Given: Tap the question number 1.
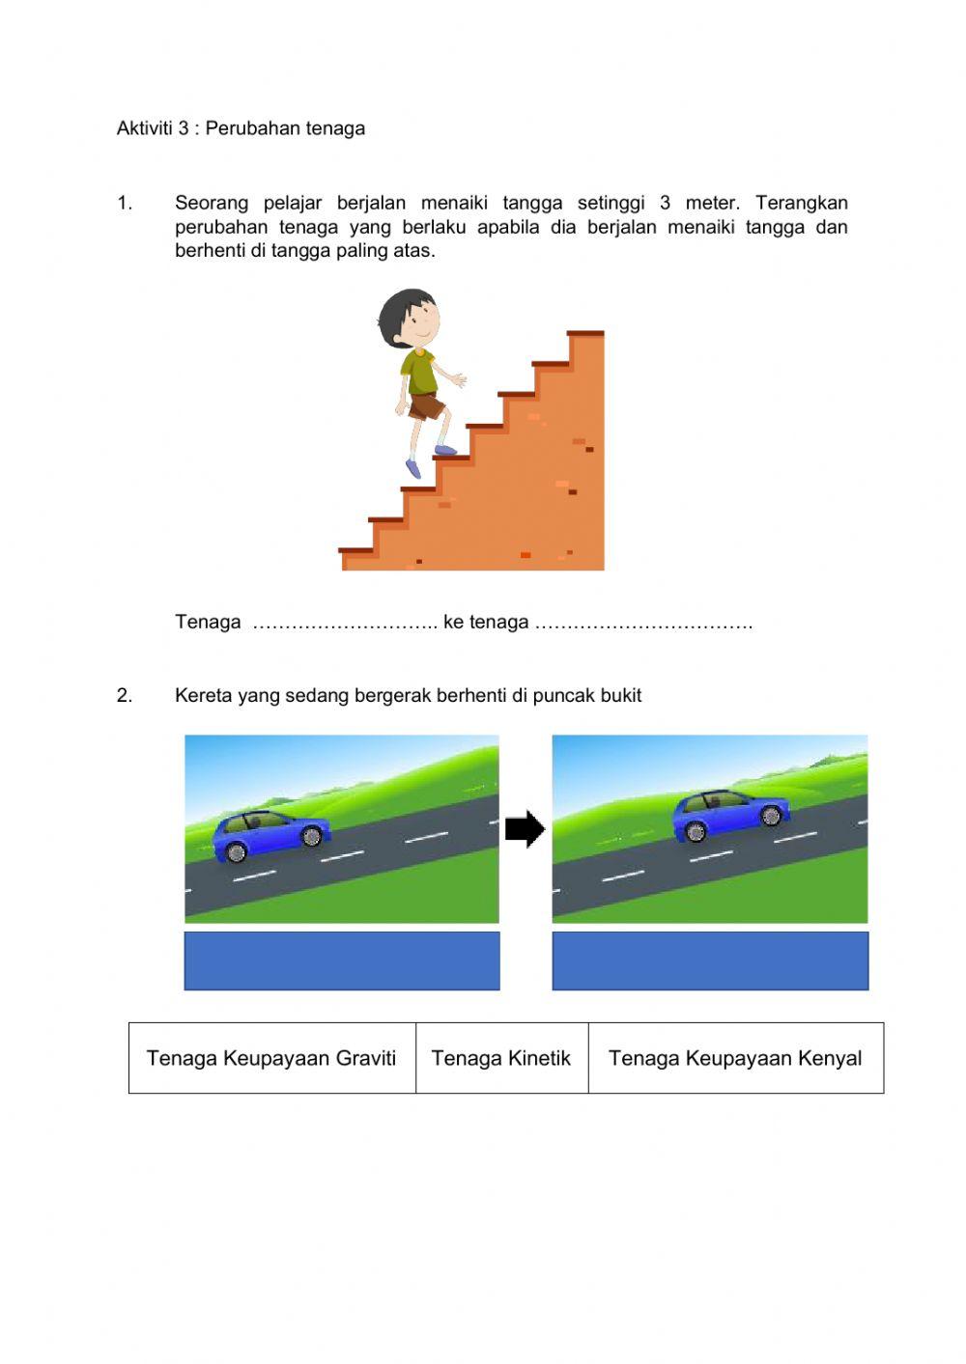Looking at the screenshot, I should coord(124,203).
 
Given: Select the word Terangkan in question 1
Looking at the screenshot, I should coord(801,203).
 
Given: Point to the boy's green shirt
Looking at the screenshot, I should coord(419,373).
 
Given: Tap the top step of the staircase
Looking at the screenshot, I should coord(585,334).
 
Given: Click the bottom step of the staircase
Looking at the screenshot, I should coord(355,551).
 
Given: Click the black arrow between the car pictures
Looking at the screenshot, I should coord(525,829).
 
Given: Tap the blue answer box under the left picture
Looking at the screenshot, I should coord(342,960).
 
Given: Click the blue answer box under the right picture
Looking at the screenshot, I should coord(710,960).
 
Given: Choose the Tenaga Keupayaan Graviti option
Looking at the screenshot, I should coord(271,1058).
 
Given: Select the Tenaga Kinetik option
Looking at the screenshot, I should coord(501,1058).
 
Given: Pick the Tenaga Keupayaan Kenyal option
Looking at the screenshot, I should coord(735,1058).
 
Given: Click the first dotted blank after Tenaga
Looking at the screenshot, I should coord(344,624).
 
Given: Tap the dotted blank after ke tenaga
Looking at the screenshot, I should coord(643,624).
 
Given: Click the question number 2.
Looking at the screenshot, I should coord(124,695).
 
